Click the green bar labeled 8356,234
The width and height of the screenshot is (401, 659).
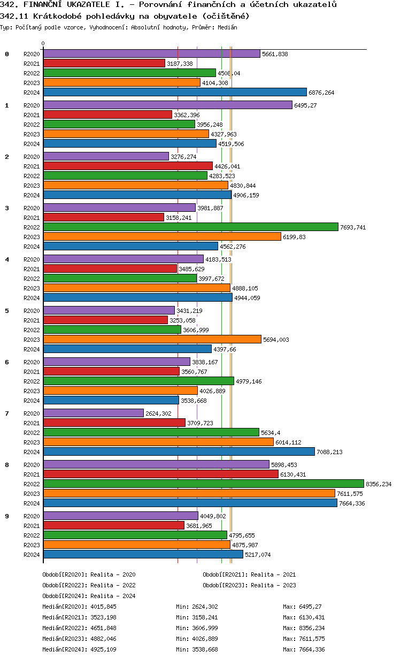(203, 484)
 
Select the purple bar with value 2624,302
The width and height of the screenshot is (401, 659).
(94, 413)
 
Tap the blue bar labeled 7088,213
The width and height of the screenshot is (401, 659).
(179, 451)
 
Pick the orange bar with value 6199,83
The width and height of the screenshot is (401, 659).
(162, 236)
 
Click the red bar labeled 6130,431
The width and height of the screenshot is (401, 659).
(160, 474)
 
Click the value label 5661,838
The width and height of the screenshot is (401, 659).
(275, 54)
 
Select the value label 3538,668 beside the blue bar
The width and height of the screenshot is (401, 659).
(194, 401)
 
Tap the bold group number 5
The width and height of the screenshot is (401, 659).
(7, 310)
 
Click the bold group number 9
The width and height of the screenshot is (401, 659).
(7, 516)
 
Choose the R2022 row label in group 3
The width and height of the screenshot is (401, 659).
(32, 227)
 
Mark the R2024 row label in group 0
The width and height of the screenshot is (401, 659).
(32, 93)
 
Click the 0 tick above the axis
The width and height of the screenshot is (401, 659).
(43, 43)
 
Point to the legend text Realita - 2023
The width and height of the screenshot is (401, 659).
(273, 585)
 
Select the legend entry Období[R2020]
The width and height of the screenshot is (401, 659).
(65, 574)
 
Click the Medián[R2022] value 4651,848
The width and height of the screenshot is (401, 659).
(103, 628)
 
